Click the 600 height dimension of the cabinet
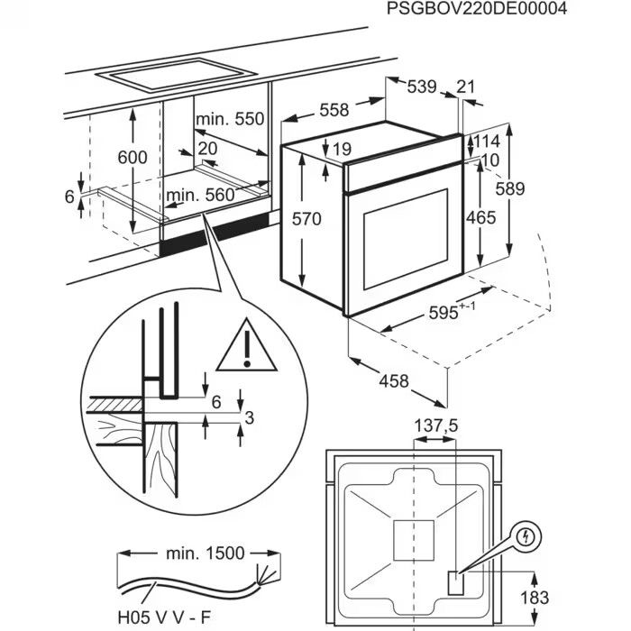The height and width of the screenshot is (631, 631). (133, 157)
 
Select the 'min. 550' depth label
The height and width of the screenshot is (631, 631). (232, 119)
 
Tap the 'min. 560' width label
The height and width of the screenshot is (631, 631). (199, 194)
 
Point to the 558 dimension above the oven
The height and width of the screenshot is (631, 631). (334, 110)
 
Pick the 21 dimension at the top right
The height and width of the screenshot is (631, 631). (465, 87)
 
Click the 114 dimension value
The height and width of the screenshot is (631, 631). (486, 142)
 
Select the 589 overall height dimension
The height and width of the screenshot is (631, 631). (509, 188)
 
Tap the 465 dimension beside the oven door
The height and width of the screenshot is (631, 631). (480, 217)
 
